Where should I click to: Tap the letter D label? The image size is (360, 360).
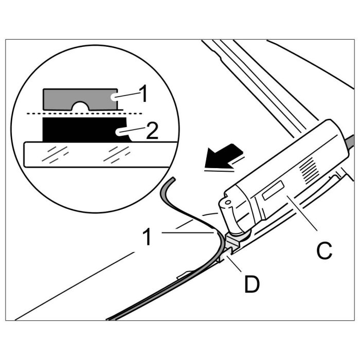[251, 284]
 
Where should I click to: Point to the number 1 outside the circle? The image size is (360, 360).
[147, 238]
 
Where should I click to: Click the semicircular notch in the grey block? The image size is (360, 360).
[80, 105]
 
